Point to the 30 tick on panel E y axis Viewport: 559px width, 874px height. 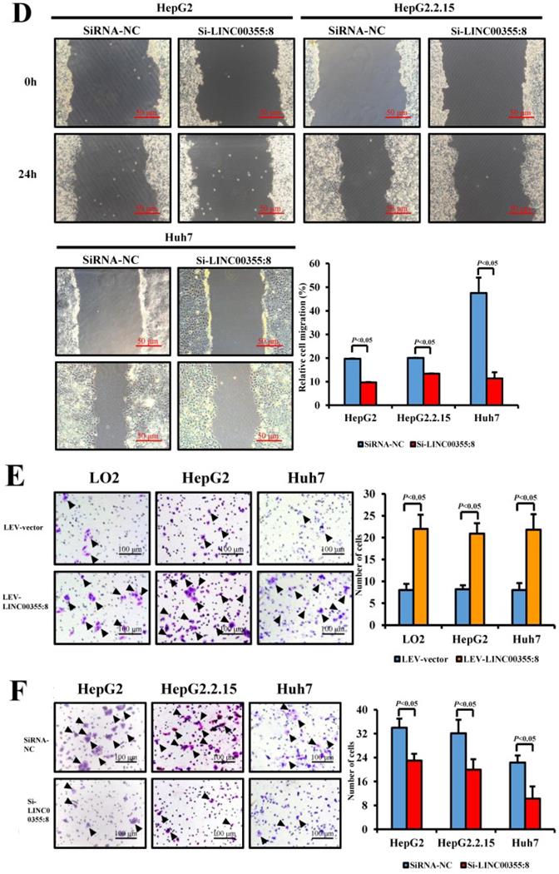tap(373, 494)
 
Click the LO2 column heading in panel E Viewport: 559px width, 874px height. tap(102, 480)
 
